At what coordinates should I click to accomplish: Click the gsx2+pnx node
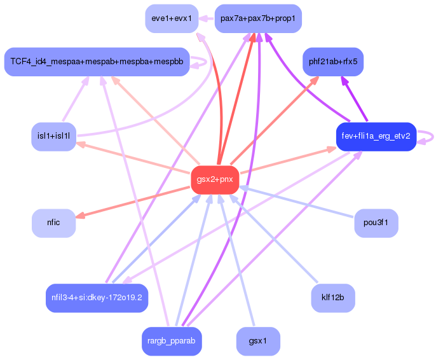tap(215, 179)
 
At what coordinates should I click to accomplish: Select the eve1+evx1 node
tap(172, 18)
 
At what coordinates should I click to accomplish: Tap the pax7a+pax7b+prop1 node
tap(257, 18)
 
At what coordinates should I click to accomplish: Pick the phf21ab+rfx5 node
tap(333, 62)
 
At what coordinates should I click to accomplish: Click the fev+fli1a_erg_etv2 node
tap(376, 136)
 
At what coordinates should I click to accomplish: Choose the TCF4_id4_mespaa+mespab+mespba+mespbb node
tap(97, 62)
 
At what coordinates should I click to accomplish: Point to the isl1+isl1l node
tap(54, 136)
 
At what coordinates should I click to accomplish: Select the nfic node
tap(53, 223)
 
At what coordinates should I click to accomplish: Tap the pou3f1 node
tap(376, 223)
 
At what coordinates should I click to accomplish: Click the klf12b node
tap(333, 298)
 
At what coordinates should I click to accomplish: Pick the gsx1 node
tap(258, 341)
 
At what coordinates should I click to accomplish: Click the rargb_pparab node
tap(172, 341)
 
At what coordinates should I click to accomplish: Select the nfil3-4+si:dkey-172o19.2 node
tap(97, 298)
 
